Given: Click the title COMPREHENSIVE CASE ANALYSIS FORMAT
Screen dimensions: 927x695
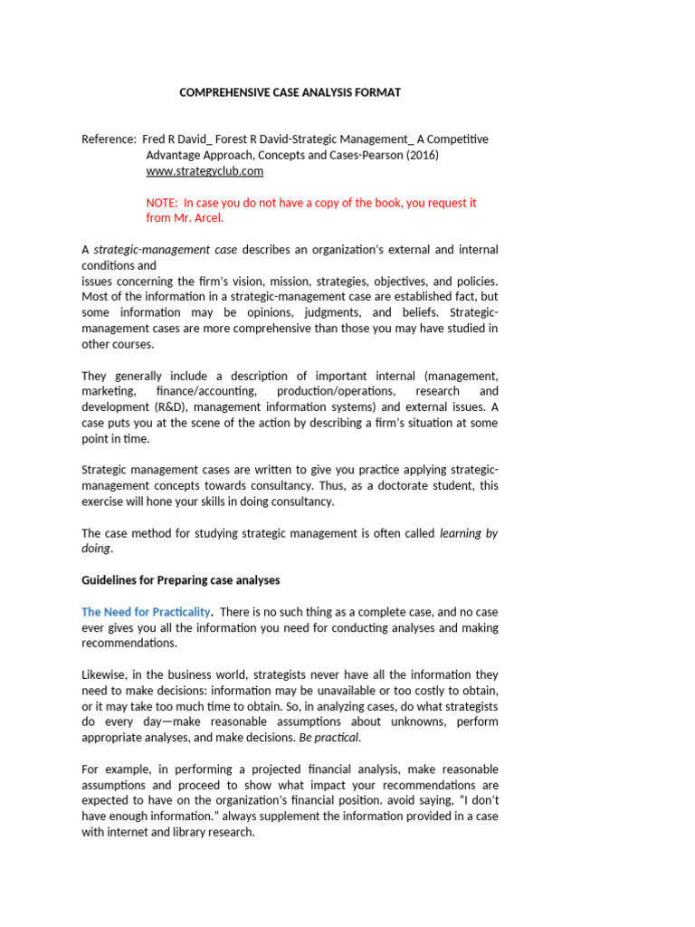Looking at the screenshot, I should tap(290, 92).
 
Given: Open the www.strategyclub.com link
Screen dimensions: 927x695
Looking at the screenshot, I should tap(205, 170).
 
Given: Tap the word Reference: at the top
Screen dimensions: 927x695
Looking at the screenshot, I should tap(109, 139).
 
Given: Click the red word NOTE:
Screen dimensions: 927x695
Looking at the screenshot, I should tap(162, 203).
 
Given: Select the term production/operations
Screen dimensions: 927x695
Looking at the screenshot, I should tap(335, 391).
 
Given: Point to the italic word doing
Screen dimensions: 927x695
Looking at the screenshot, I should tap(97, 549).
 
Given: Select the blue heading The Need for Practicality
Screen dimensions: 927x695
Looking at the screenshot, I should tap(146, 613).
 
